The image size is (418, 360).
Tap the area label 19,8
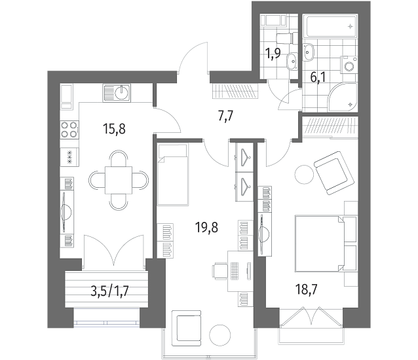pyautogui.click(x=206, y=228)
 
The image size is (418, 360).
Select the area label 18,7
pyautogui.click(x=307, y=289)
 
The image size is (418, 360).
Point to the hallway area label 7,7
pyautogui.click(x=225, y=116)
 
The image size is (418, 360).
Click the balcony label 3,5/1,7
pyautogui.click(x=110, y=291)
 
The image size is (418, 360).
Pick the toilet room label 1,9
pyautogui.click(x=273, y=54)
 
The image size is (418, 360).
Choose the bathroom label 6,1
pyautogui.click(x=318, y=77)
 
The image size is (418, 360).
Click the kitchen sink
pyautogui.click(x=117, y=93)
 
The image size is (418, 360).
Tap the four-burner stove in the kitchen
pyautogui.click(x=69, y=130)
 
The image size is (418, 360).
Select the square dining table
pyautogui.click(x=119, y=180)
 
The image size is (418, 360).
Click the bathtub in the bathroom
pyautogui.click(x=332, y=26)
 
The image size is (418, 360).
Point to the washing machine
pyautogui.click(x=349, y=65)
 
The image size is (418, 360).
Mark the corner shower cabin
pyautogui.click(x=342, y=98)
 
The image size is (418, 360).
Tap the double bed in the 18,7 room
pyautogui.click(x=326, y=244)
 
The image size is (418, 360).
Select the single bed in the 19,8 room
pyautogui.click(x=173, y=175)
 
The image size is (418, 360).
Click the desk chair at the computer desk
pyautogui.click(x=219, y=271)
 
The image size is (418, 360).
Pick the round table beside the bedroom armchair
pyautogui.click(x=304, y=174)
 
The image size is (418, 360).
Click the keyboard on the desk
pyautogui.click(x=235, y=271)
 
